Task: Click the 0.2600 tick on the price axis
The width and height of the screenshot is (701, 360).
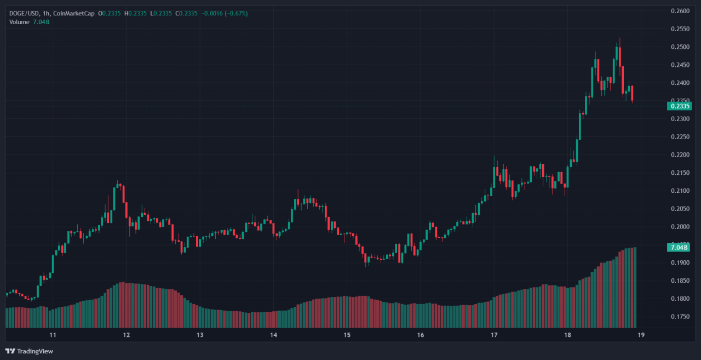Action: tap(680, 11)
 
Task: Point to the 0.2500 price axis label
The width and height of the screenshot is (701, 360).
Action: tap(680, 47)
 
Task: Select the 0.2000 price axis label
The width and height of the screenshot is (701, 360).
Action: tap(680, 227)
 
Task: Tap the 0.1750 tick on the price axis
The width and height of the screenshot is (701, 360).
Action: tap(680, 317)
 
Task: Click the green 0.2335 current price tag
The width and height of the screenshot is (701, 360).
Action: tap(680, 106)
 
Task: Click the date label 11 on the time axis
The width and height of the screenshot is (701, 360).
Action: tap(53, 335)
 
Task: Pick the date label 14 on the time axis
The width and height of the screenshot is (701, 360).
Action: tap(274, 335)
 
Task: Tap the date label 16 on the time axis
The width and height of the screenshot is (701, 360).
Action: tap(421, 335)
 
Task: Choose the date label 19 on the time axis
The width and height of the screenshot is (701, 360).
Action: tap(641, 335)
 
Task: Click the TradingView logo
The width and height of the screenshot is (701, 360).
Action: tap(30, 351)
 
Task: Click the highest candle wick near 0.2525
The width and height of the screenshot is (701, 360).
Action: tap(620, 39)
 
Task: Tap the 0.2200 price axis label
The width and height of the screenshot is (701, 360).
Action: tap(680, 155)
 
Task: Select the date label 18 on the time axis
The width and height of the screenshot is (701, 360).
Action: tap(568, 335)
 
